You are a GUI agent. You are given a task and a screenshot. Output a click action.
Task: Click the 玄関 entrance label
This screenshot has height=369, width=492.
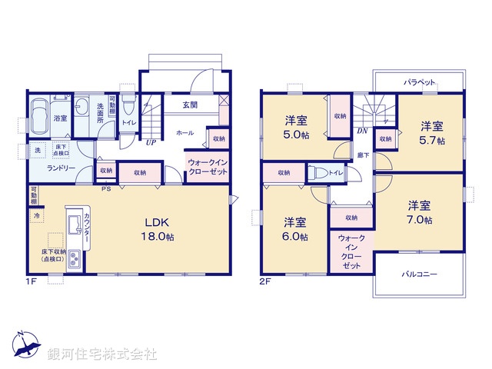[191, 105]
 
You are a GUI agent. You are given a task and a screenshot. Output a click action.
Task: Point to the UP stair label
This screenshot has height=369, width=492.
[151, 142]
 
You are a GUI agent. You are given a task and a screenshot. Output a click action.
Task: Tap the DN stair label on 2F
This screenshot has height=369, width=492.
[362, 131]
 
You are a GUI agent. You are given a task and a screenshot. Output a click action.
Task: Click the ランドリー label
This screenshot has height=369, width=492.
[60, 168]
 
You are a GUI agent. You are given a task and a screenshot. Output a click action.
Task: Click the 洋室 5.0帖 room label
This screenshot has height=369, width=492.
[296, 127]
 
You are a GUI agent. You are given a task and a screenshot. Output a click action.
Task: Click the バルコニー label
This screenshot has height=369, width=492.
[419, 274]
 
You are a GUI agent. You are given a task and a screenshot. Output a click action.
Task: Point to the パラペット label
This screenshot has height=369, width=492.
[420, 81]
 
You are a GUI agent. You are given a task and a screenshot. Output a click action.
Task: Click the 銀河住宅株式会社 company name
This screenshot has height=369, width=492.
[102, 354]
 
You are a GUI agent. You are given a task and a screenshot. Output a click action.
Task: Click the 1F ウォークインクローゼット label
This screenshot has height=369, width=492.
[208, 168]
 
